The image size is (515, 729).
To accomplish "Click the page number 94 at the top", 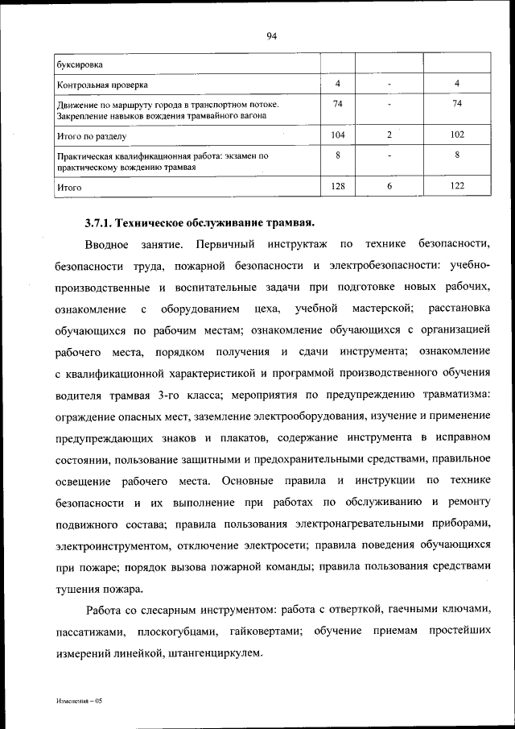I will (x=271, y=35).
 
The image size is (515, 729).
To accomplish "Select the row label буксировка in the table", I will (x=79, y=64).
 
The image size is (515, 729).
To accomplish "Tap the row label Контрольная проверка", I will (x=102, y=84).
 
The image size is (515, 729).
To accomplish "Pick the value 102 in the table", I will (x=456, y=135).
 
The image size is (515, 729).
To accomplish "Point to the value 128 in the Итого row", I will (x=338, y=185).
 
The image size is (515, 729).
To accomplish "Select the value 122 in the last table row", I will (x=456, y=185).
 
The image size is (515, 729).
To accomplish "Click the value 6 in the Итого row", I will (x=389, y=185).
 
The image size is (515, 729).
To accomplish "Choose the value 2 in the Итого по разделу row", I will (x=389, y=135).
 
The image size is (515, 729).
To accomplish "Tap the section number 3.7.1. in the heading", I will (x=102, y=222).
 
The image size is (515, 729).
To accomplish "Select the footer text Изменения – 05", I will (x=79, y=702).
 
